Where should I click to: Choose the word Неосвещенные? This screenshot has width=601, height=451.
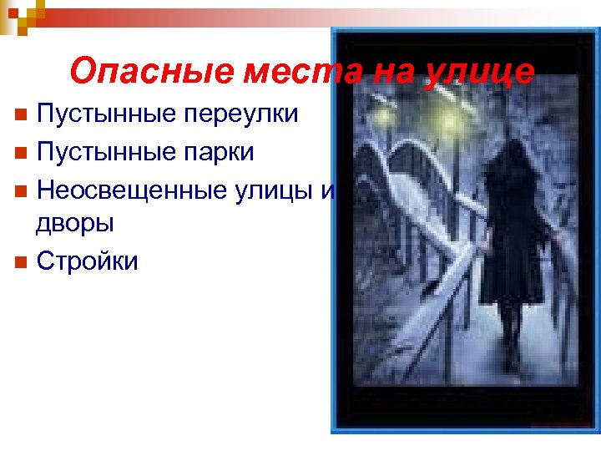(129, 191)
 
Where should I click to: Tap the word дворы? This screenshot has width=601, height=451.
(74, 223)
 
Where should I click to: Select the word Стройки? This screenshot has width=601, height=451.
(88, 261)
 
